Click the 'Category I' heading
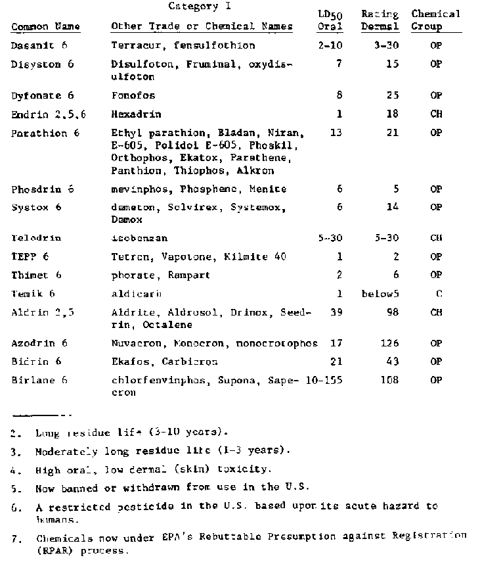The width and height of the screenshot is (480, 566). pyautogui.click(x=194, y=7)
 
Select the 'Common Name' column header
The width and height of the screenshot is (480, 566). pyautogui.click(x=46, y=27)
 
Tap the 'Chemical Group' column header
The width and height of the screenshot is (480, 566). pyautogui.click(x=435, y=20)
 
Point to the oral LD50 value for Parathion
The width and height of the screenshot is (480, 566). pyautogui.click(x=336, y=133)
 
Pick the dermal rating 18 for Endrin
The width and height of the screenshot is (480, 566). pyautogui.click(x=393, y=114)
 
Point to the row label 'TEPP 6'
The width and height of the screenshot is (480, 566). pyautogui.click(x=30, y=257)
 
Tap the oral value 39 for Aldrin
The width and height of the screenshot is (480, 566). pyautogui.click(x=336, y=313)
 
